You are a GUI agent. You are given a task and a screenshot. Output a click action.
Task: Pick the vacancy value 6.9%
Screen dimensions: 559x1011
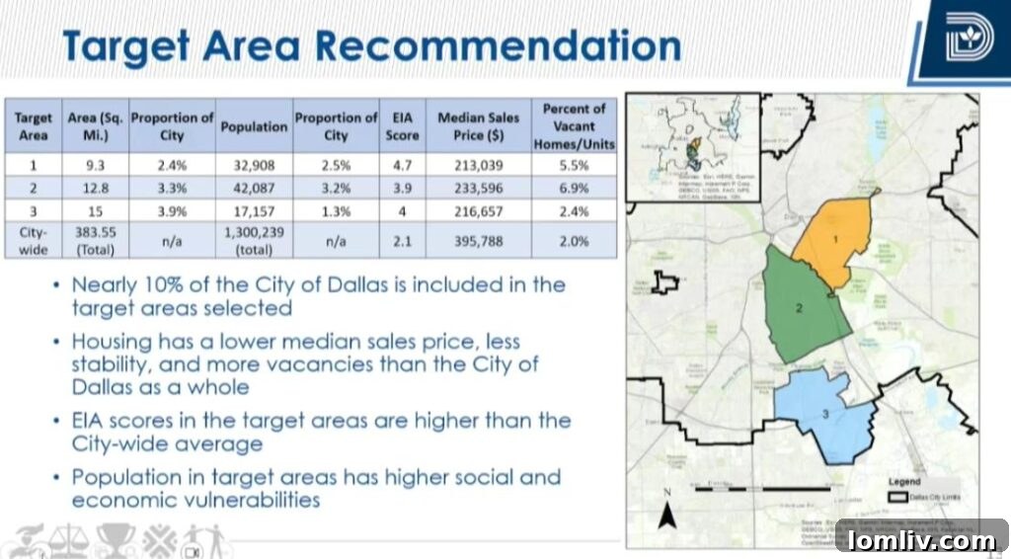point(573,189)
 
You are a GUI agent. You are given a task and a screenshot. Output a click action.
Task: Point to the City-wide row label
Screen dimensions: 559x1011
point(33,240)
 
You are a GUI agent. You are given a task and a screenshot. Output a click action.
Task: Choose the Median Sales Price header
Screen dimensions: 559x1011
point(478,126)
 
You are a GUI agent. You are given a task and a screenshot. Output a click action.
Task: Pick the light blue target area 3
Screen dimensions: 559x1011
point(825,420)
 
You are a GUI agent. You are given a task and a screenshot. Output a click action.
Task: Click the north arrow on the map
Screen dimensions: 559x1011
point(667,511)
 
